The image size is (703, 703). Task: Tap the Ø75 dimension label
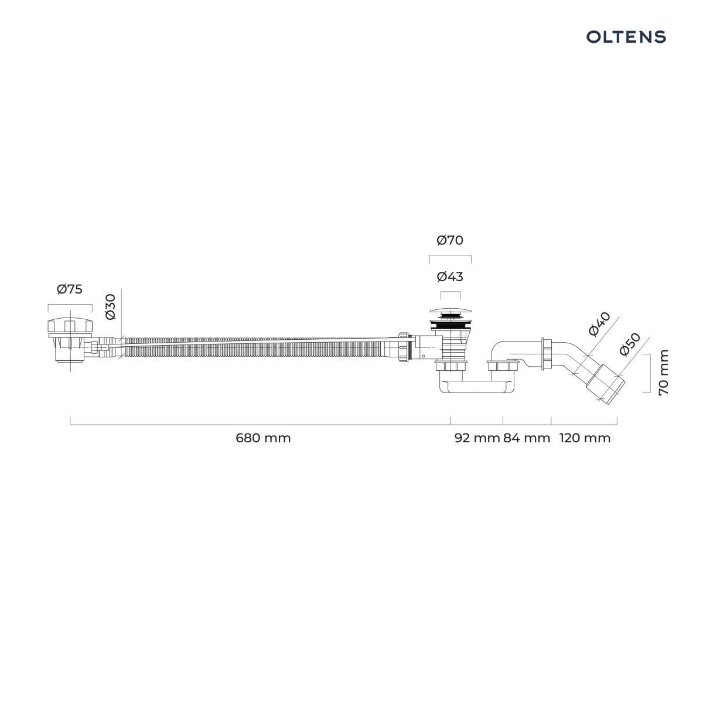[x=70, y=289]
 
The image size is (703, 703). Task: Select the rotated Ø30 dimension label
[x=111, y=307]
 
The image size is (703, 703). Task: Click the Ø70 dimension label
[x=450, y=240]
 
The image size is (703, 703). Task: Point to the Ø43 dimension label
[x=450, y=277]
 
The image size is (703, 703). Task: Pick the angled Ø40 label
[x=599, y=324]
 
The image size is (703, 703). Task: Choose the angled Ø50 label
[x=630, y=344]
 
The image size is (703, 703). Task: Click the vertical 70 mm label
[x=664, y=372]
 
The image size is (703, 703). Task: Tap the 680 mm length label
[x=263, y=438]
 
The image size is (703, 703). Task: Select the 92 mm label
[x=477, y=438]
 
